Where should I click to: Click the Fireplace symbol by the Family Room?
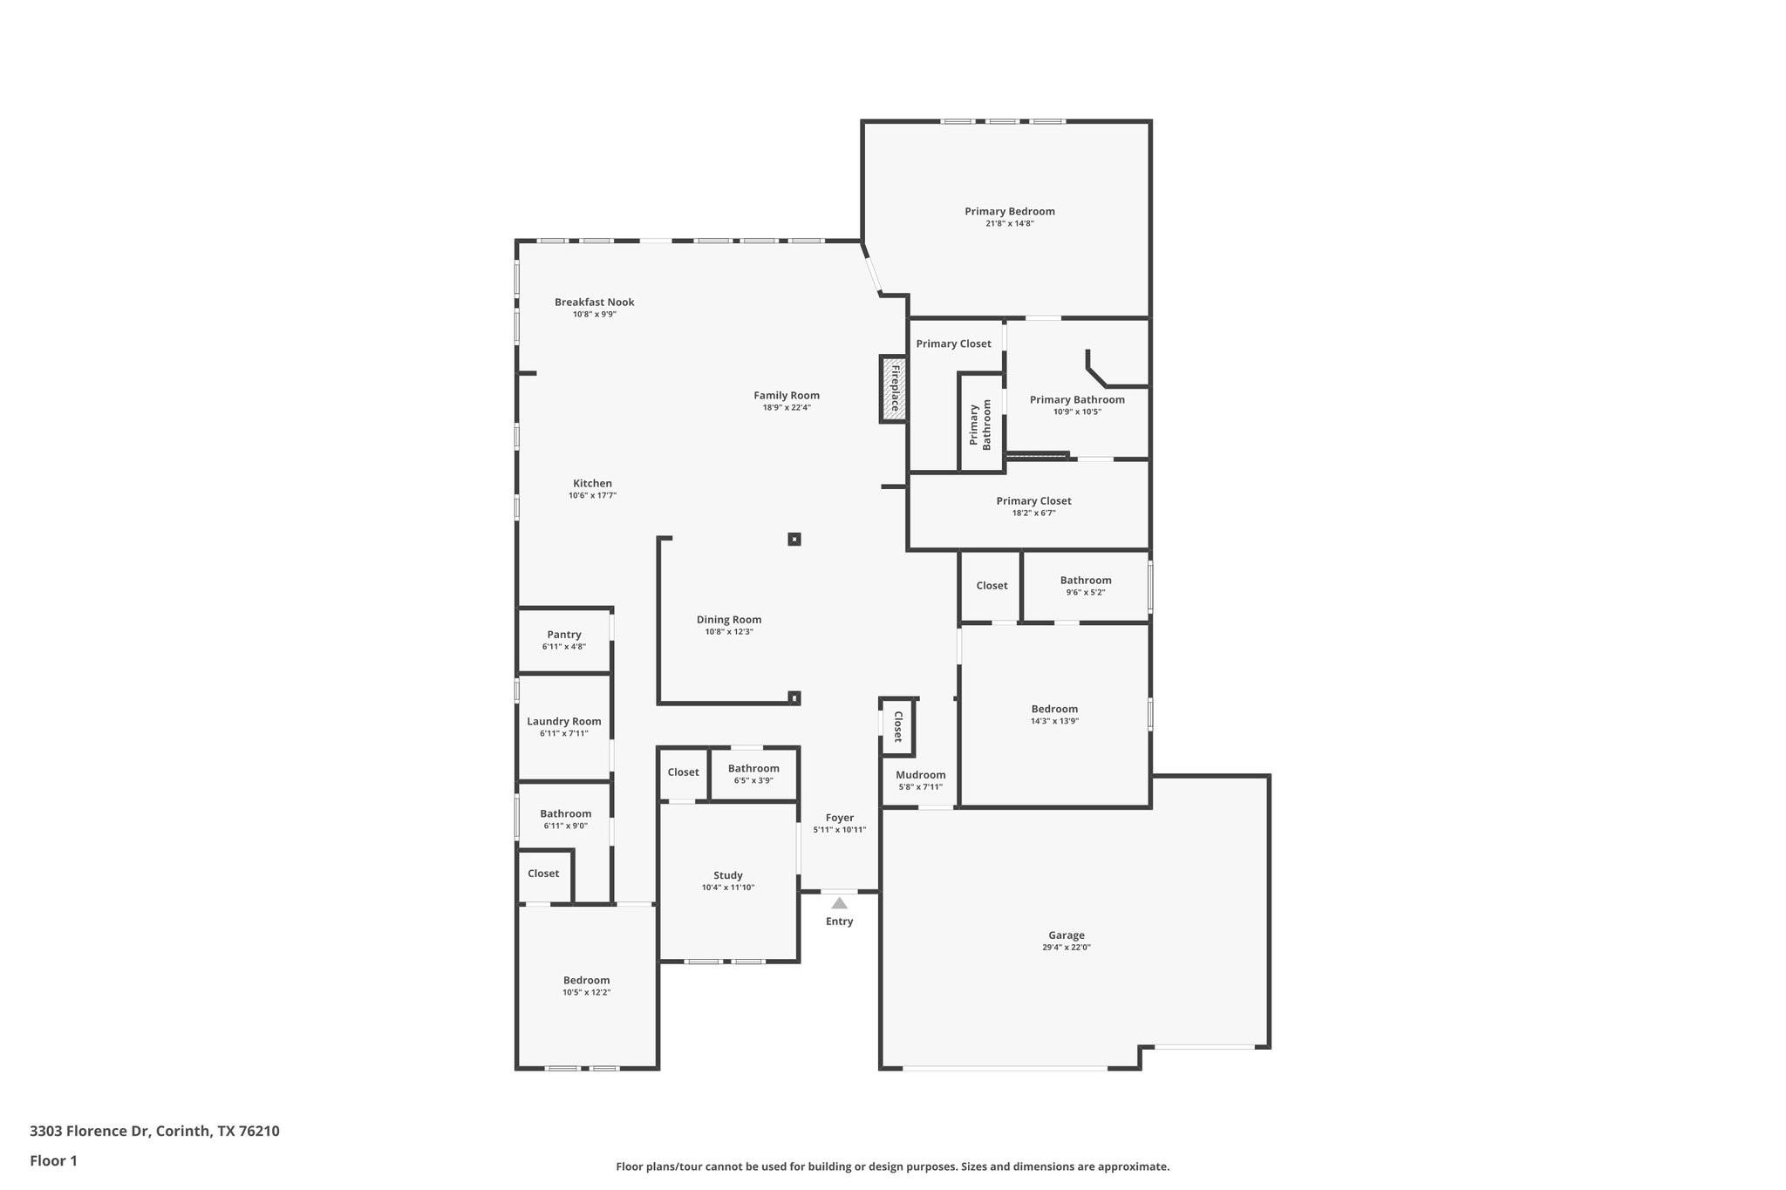point(894,389)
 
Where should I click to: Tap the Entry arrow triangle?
point(839,903)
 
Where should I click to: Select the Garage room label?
point(1066,935)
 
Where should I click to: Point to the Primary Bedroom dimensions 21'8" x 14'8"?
point(1010,224)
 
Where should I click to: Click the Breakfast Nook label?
point(594,303)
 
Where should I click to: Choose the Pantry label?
point(564,635)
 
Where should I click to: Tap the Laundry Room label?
point(564,721)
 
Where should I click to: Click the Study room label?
point(728,875)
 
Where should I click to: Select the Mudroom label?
point(920,775)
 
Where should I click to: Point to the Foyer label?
point(840,818)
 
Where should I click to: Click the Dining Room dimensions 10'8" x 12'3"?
point(729,632)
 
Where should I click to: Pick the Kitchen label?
point(592,484)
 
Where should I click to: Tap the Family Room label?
point(787,396)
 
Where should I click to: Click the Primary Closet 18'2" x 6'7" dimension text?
point(1033,513)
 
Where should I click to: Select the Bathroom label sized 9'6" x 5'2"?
point(1086,581)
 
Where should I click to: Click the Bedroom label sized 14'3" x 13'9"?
point(1054,709)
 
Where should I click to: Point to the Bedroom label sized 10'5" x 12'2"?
point(586,980)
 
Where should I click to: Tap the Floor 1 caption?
point(53,1161)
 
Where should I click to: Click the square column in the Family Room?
point(794,540)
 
